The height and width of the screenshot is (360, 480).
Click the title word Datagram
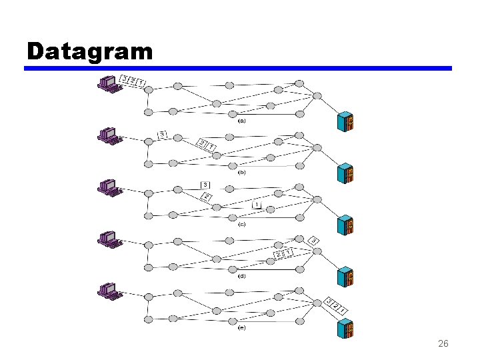[x=90, y=51]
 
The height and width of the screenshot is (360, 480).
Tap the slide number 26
[x=443, y=344]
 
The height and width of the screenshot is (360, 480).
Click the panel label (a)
[x=241, y=121]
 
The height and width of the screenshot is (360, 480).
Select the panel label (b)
[x=241, y=172]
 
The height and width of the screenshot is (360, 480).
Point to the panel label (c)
[x=241, y=224]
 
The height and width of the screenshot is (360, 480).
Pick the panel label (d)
[x=241, y=275]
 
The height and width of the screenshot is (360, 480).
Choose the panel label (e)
[x=241, y=327]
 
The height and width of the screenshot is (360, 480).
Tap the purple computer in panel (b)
[x=109, y=136]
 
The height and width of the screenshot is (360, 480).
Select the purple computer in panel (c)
[x=109, y=187]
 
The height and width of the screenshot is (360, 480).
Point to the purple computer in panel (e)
[x=109, y=291]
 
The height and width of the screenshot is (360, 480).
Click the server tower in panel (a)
[x=345, y=121]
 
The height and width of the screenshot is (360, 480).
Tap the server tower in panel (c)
[x=345, y=225]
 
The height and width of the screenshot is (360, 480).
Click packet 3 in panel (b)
[x=162, y=134]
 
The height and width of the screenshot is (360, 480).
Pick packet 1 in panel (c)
[x=257, y=205]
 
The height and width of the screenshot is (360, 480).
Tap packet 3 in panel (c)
[x=205, y=185]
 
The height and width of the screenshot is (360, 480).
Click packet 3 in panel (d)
[x=313, y=240]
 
